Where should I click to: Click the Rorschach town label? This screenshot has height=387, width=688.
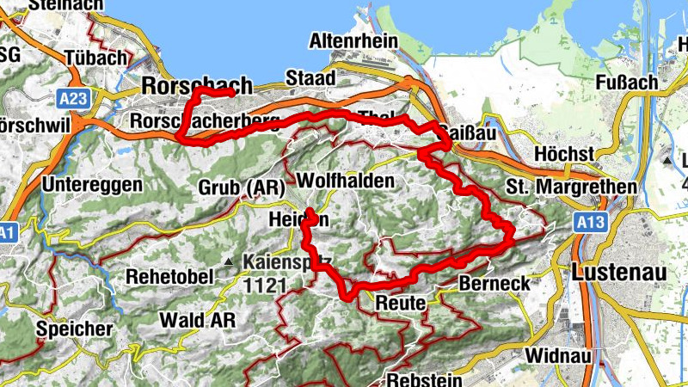point(197,86)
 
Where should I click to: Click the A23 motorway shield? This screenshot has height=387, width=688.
point(75,99)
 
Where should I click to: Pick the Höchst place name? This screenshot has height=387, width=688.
point(565,153)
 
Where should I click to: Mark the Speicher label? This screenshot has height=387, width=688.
point(74,329)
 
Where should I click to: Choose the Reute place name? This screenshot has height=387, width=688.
point(401,303)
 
